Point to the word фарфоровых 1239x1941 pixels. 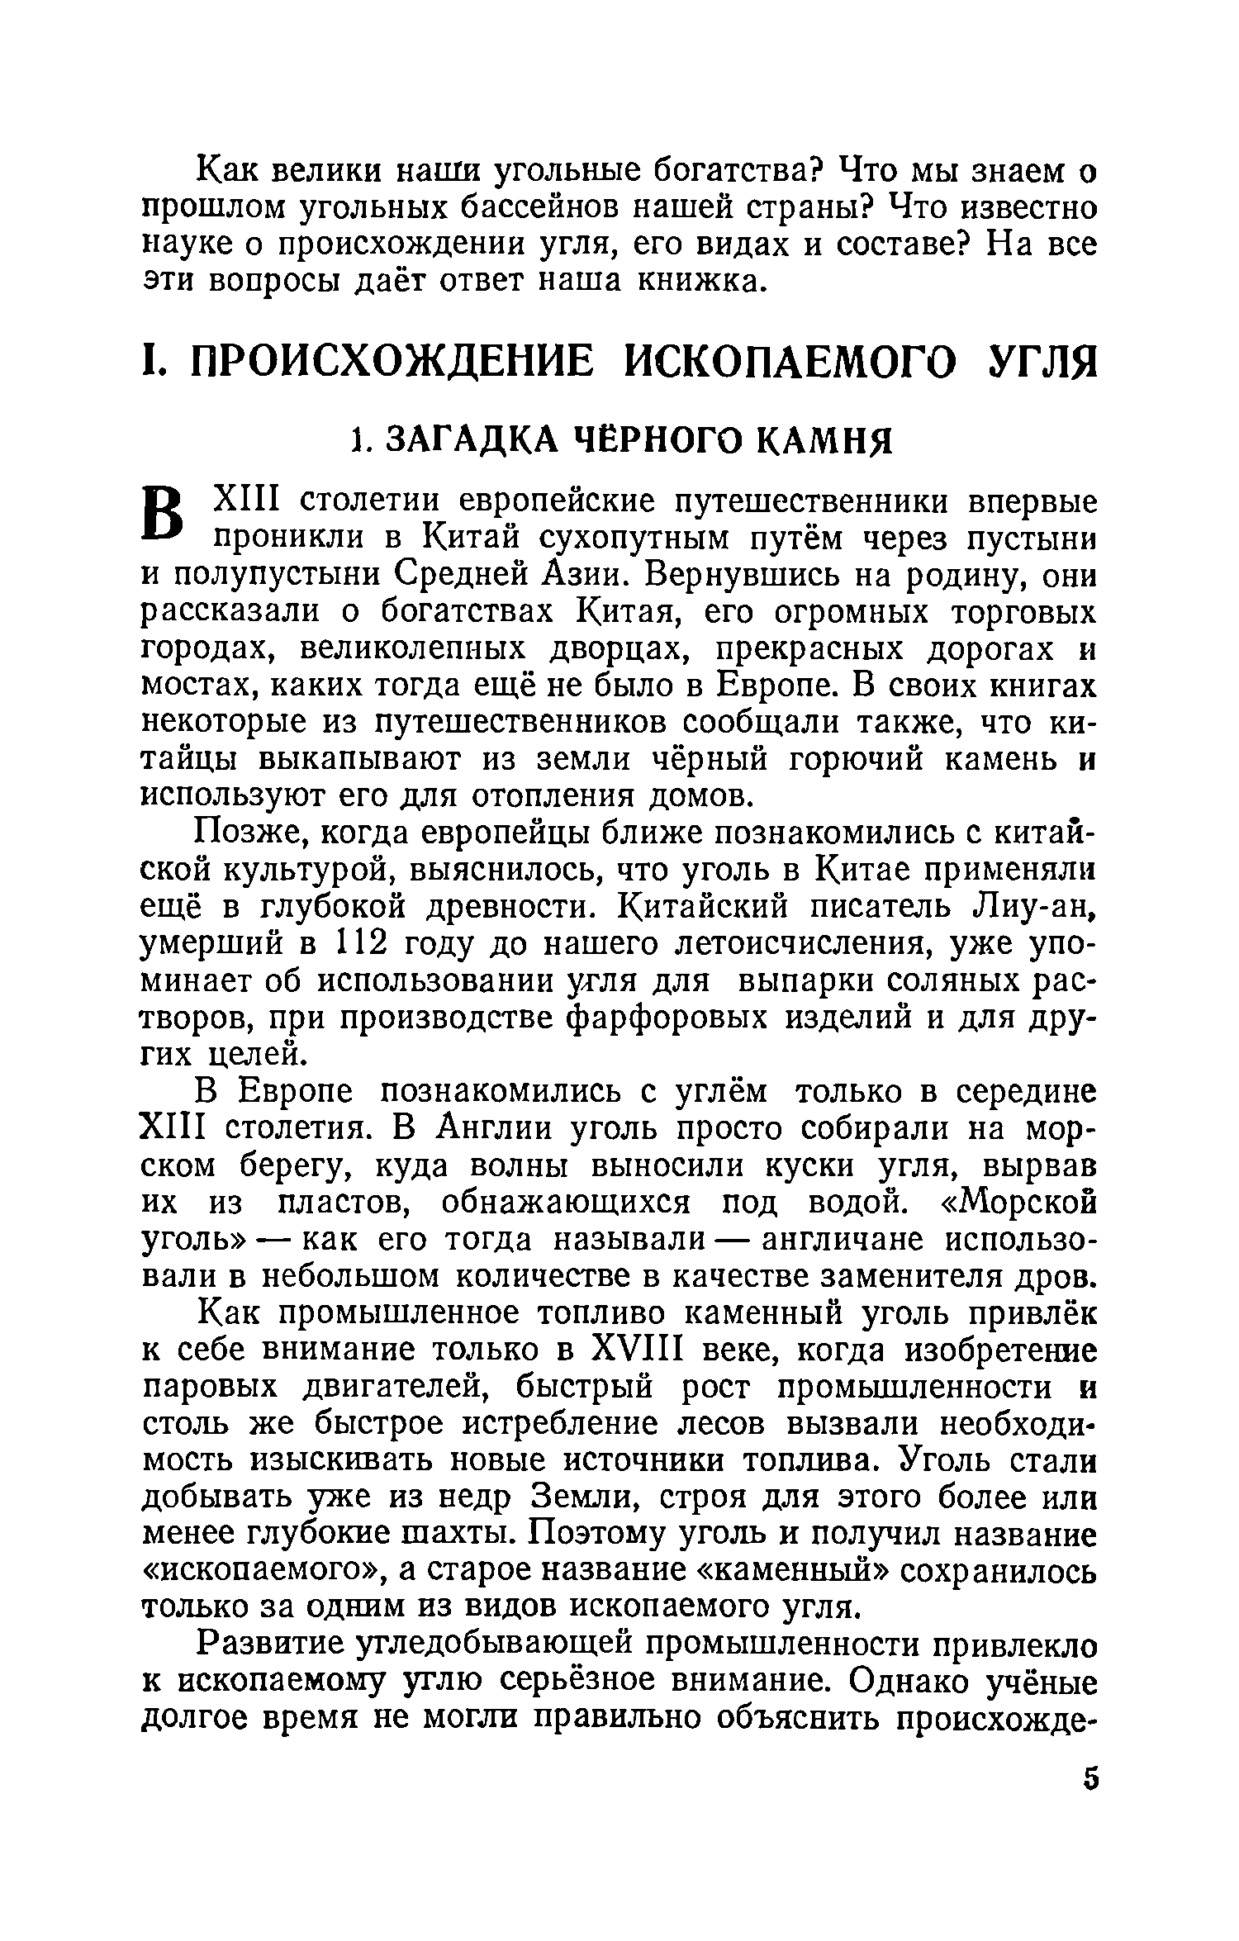click(631, 1017)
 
